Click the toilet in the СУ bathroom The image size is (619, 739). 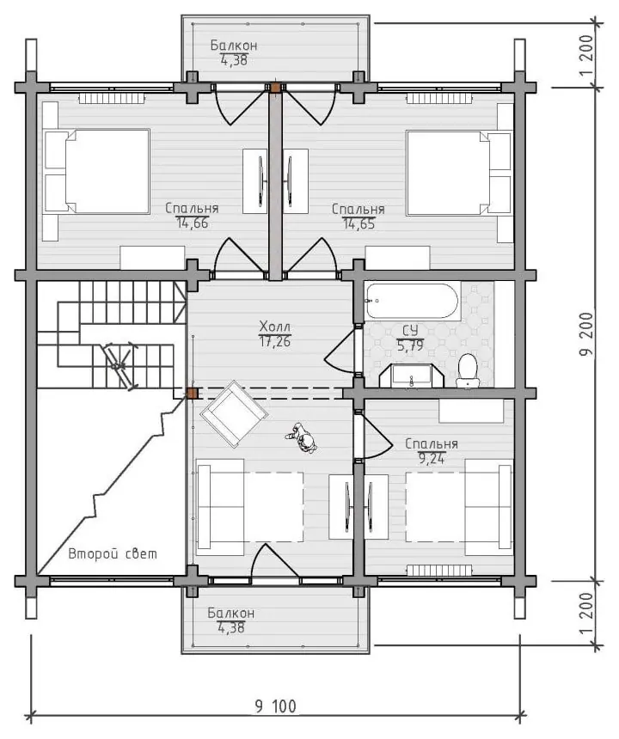tap(468, 371)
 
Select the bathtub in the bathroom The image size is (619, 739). tap(412, 301)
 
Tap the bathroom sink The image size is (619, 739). tap(412, 376)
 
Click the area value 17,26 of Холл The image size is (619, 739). tap(275, 342)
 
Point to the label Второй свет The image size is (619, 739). tap(113, 553)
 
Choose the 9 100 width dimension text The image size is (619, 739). tap(276, 706)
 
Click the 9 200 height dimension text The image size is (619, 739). tap(586, 333)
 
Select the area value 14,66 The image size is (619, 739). tap(193, 223)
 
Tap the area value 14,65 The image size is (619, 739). tap(359, 224)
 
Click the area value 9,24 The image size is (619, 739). tap(432, 458)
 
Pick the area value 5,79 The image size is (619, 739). tap(410, 345)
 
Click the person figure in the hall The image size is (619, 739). tap(302, 438)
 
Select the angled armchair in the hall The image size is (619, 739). tap(234, 413)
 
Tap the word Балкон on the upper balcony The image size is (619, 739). tap(234, 46)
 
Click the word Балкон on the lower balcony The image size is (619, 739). tap(231, 614)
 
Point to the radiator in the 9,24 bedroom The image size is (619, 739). tap(439, 571)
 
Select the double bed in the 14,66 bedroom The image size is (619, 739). tap(96, 172)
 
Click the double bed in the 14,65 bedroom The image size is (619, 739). tap(459, 173)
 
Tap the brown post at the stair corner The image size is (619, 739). tap(192, 393)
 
